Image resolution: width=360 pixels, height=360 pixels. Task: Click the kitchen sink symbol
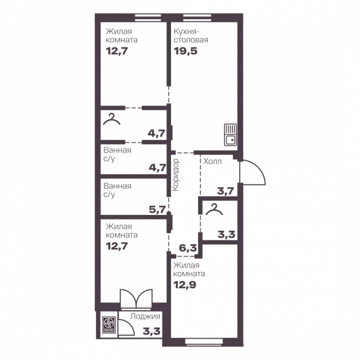[x=230, y=135]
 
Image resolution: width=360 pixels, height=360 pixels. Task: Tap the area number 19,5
[x=186, y=51]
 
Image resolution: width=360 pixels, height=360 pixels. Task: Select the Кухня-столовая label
[x=191, y=36]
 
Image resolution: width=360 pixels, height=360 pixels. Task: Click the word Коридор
[x=175, y=175]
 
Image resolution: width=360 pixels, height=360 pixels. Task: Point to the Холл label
[x=213, y=161]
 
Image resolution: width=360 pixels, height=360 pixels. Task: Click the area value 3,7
[x=226, y=191]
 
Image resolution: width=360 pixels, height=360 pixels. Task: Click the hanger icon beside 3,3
[x=214, y=209]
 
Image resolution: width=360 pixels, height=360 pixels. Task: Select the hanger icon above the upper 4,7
[x=112, y=119]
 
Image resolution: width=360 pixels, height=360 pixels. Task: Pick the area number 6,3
[x=188, y=248]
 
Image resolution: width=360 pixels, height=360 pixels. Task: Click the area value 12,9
[x=185, y=285]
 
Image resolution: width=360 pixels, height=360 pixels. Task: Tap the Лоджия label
[x=145, y=317]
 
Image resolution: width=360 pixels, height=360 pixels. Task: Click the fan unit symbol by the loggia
[x=108, y=324]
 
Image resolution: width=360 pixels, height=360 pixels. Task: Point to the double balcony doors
[x=136, y=298]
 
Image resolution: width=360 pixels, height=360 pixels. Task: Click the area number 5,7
[x=157, y=209]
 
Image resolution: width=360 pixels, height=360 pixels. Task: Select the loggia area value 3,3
[x=152, y=332]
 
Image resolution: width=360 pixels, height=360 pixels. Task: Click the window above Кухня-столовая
[x=197, y=17]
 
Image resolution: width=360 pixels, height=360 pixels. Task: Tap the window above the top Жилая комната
[x=148, y=17]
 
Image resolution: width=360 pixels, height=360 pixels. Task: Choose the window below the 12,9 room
[x=204, y=341]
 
